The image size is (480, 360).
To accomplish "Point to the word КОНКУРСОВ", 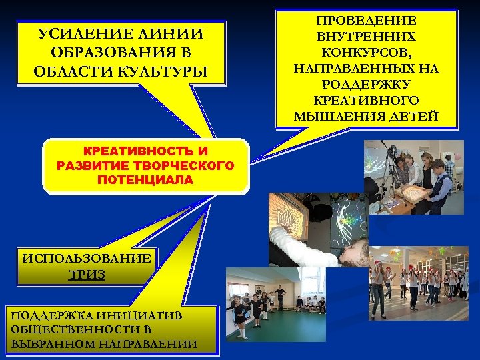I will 365,52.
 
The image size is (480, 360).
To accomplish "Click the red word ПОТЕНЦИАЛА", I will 145,180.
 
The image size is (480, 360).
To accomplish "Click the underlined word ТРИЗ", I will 87,274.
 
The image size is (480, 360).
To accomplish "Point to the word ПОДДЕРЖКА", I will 51,315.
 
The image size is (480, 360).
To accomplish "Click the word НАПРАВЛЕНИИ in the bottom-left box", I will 153,344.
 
